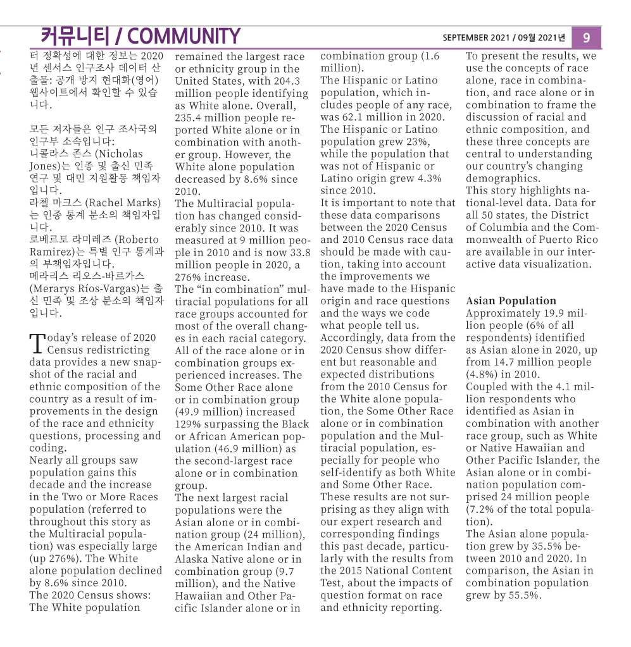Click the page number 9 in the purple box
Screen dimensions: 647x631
(586, 37)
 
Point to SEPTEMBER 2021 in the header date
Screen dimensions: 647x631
(473, 38)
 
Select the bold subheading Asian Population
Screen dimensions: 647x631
(511, 301)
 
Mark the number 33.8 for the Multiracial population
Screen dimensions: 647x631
(297, 252)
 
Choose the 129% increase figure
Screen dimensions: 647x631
(187, 424)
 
